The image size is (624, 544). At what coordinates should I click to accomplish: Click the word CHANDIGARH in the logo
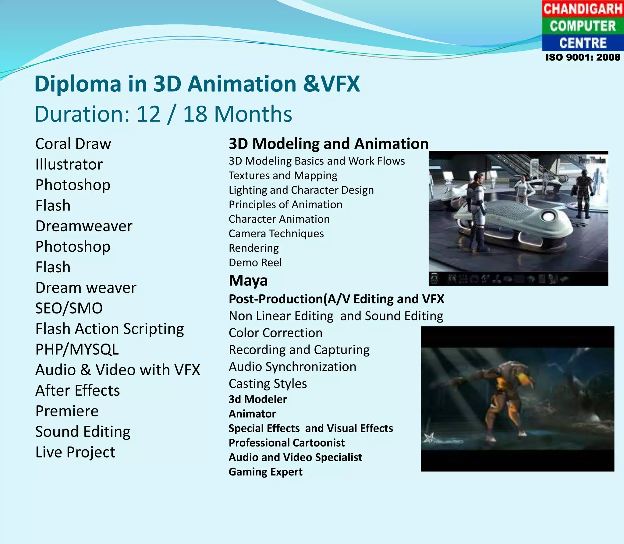(583, 9)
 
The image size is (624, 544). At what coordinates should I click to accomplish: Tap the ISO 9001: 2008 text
(583, 57)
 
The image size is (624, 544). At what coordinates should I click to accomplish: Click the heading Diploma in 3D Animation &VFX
(197, 84)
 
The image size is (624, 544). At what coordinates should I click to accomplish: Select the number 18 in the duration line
(195, 114)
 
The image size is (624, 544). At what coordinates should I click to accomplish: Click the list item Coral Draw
(73, 144)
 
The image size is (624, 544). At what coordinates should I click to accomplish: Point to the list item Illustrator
(69, 164)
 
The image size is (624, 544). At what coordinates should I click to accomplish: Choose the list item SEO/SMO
(69, 308)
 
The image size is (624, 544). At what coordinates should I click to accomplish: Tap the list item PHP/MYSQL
(77, 349)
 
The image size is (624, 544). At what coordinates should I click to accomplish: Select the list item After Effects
(77, 390)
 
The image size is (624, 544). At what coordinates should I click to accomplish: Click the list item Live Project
(75, 452)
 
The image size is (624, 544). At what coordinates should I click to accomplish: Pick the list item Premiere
(67, 411)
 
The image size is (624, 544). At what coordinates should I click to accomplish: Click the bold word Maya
(248, 281)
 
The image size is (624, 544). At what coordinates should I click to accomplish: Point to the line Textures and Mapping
(283, 176)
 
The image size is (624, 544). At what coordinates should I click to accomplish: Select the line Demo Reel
(255, 263)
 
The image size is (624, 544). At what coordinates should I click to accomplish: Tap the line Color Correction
(275, 333)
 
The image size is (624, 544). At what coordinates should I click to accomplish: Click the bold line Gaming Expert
(265, 472)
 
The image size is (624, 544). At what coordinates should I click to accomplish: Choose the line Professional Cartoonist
(286, 443)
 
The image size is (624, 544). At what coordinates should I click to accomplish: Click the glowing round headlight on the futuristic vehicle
(549, 217)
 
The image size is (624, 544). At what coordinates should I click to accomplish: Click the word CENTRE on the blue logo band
(583, 43)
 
